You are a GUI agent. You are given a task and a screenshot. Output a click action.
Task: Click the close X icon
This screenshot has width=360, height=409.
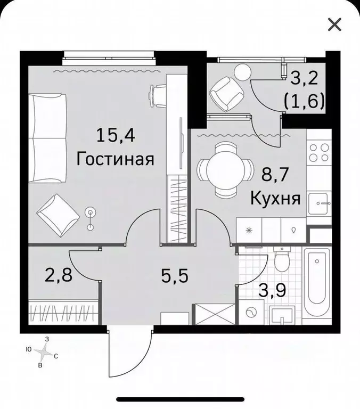(334, 24)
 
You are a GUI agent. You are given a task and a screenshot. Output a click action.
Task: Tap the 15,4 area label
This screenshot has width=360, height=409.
(116, 136)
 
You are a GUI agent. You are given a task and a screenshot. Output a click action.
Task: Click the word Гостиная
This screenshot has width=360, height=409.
(116, 159)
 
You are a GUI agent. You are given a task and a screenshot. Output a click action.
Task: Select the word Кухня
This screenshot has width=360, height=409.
(276, 199)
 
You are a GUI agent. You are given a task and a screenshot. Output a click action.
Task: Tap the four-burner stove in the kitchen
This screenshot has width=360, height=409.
(319, 153)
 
